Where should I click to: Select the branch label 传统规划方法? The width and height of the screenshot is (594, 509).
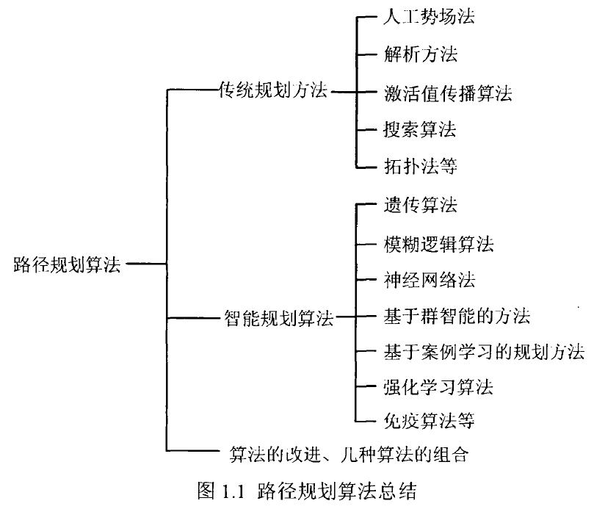(273, 91)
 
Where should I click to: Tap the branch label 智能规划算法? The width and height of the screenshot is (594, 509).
(278, 319)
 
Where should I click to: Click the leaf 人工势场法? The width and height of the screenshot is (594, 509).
(429, 18)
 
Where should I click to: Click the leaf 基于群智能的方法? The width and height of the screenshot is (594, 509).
(457, 317)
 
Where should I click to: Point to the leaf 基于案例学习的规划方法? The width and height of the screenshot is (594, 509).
(484, 353)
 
